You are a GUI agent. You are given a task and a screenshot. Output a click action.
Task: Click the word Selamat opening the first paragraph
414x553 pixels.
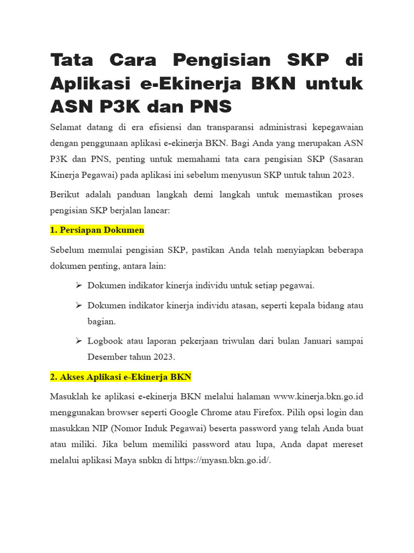(67, 127)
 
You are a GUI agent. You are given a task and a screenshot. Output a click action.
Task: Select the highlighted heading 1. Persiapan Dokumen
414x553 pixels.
(97, 230)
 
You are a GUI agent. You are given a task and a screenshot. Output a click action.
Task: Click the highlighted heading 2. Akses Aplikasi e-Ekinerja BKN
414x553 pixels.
(121, 376)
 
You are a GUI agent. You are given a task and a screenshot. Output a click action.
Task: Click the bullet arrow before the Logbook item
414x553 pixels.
(78, 341)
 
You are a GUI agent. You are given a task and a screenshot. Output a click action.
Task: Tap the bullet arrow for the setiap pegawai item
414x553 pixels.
(78, 285)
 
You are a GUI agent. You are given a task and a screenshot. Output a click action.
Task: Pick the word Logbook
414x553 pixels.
(105, 341)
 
